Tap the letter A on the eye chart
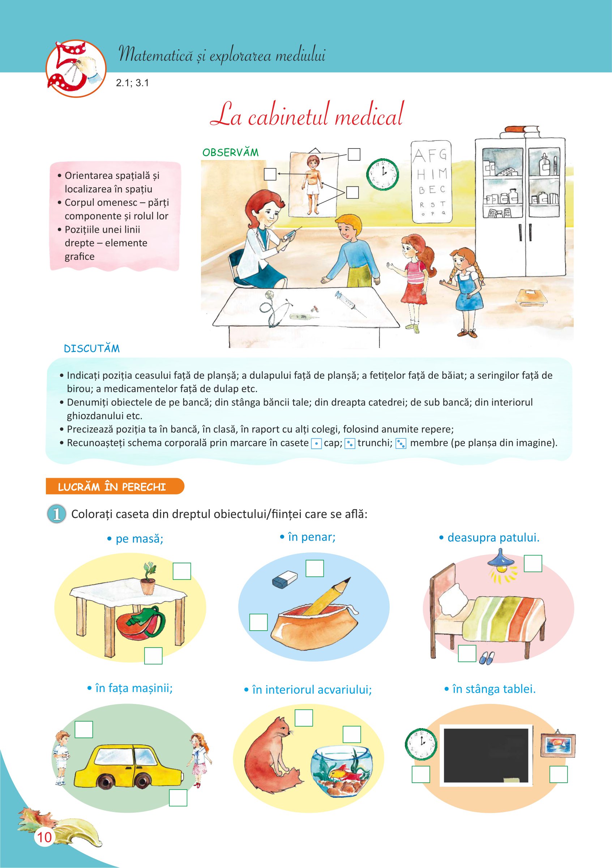[419, 155]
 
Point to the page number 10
[44, 837]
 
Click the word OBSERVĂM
[231, 153]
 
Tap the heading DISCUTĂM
[92, 349]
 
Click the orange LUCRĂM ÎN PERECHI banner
[115, 486]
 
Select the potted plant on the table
[149, 579]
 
